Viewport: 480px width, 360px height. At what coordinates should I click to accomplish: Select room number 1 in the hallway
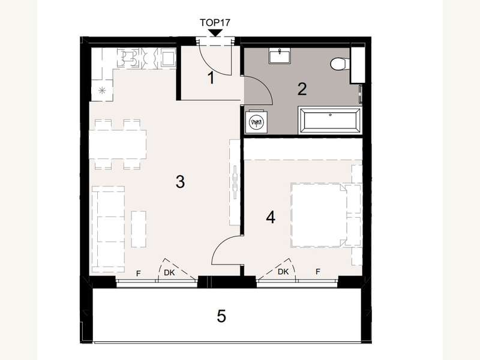pyautogui.click(x=211, y=78)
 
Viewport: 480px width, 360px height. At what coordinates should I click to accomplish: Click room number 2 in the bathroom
pyautogui.click(x=302, y=89)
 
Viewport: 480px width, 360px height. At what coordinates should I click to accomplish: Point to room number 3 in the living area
pyautogui.click(x=179, y=182)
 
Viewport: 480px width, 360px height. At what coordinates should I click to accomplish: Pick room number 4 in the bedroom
pyautogui.click(x=271, y=217)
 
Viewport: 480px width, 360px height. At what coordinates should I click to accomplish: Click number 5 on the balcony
pyautogui.click(x=221, y=316)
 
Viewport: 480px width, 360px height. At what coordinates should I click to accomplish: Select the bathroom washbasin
pyautogui.click(x=280, y=56)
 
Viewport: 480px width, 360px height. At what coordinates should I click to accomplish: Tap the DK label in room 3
pyautogui.click(x=170, y=274)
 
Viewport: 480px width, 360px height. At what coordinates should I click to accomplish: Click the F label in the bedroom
pyautogui.click(x=318, y=272)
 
